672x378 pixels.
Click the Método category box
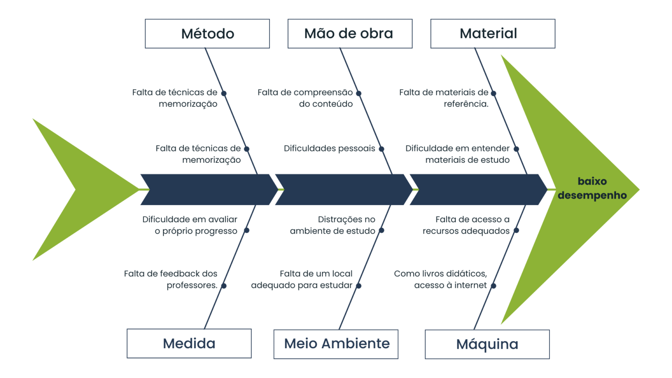point(207,34)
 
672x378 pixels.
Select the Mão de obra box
point(350,34)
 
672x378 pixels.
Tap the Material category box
point(493,34)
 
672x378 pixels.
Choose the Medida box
point(189,343)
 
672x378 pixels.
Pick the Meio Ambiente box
point(336,344)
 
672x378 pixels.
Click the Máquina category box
point(487,344)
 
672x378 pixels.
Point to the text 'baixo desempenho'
point(592,188)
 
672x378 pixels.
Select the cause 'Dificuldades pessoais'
point(329,149)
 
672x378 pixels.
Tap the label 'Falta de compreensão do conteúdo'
point(305,98)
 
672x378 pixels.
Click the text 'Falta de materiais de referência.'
point(444,98)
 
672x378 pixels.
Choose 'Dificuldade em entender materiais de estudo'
point(458,154)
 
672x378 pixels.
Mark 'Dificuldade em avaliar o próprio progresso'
point(190,225)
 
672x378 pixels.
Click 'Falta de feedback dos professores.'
point(171,279)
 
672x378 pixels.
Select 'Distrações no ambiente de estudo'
point(332,225)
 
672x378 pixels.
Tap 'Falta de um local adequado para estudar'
point(302,279)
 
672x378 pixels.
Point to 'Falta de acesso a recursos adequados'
point(466,225)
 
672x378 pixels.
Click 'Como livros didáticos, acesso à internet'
point(441,279)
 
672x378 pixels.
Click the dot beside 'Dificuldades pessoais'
point(381,149)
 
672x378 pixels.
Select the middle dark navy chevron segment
point(341,189)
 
